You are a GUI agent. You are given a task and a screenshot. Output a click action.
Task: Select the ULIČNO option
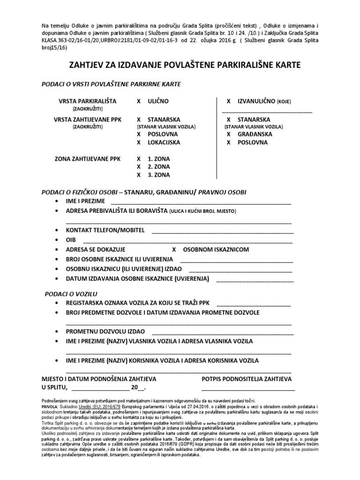pyautogui.click(x=158, y=101)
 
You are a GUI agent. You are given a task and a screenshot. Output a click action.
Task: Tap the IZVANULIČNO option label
pyautogui.click(x=255, y=101)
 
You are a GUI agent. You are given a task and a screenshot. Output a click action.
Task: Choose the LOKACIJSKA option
pyautogui.click(x=164, y=142)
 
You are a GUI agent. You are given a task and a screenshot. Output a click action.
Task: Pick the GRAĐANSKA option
pyautogui.click(x=255, y=134)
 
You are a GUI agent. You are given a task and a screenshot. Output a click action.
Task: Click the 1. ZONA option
pyautogui.click(x=158, y=159)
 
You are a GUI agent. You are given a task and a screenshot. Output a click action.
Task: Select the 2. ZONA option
pyautogui.click(x=158, y=167)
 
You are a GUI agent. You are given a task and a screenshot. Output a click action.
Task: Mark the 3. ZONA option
pyautogui.click(x=158, y=175)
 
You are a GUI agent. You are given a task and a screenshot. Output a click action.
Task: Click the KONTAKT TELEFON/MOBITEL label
pyautogui.click(x=105, y=231)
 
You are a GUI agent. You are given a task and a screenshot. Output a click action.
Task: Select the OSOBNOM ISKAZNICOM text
pyautogui.click(x=216, y=249)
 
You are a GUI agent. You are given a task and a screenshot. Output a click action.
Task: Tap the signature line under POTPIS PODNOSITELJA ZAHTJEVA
pyautogui.click(x=248, y=389)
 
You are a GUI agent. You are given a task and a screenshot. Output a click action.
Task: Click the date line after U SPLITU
pyautogui.click(x=100, y=389)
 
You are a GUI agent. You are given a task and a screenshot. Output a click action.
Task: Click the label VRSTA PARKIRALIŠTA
pyautogui.click(x=87, y=101)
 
